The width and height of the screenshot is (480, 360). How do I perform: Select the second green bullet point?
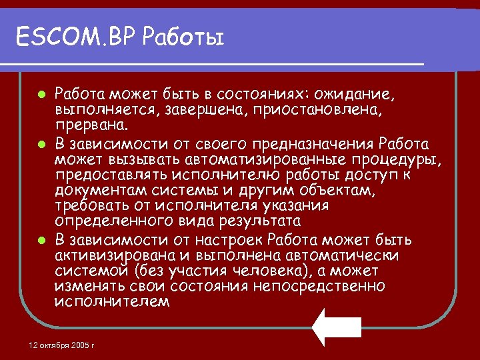[41, 143]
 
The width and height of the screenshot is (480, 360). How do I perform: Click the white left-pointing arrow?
[337, 327]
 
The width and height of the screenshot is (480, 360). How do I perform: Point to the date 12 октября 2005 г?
[63, 345]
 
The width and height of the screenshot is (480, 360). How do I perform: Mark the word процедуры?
[387, 159]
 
